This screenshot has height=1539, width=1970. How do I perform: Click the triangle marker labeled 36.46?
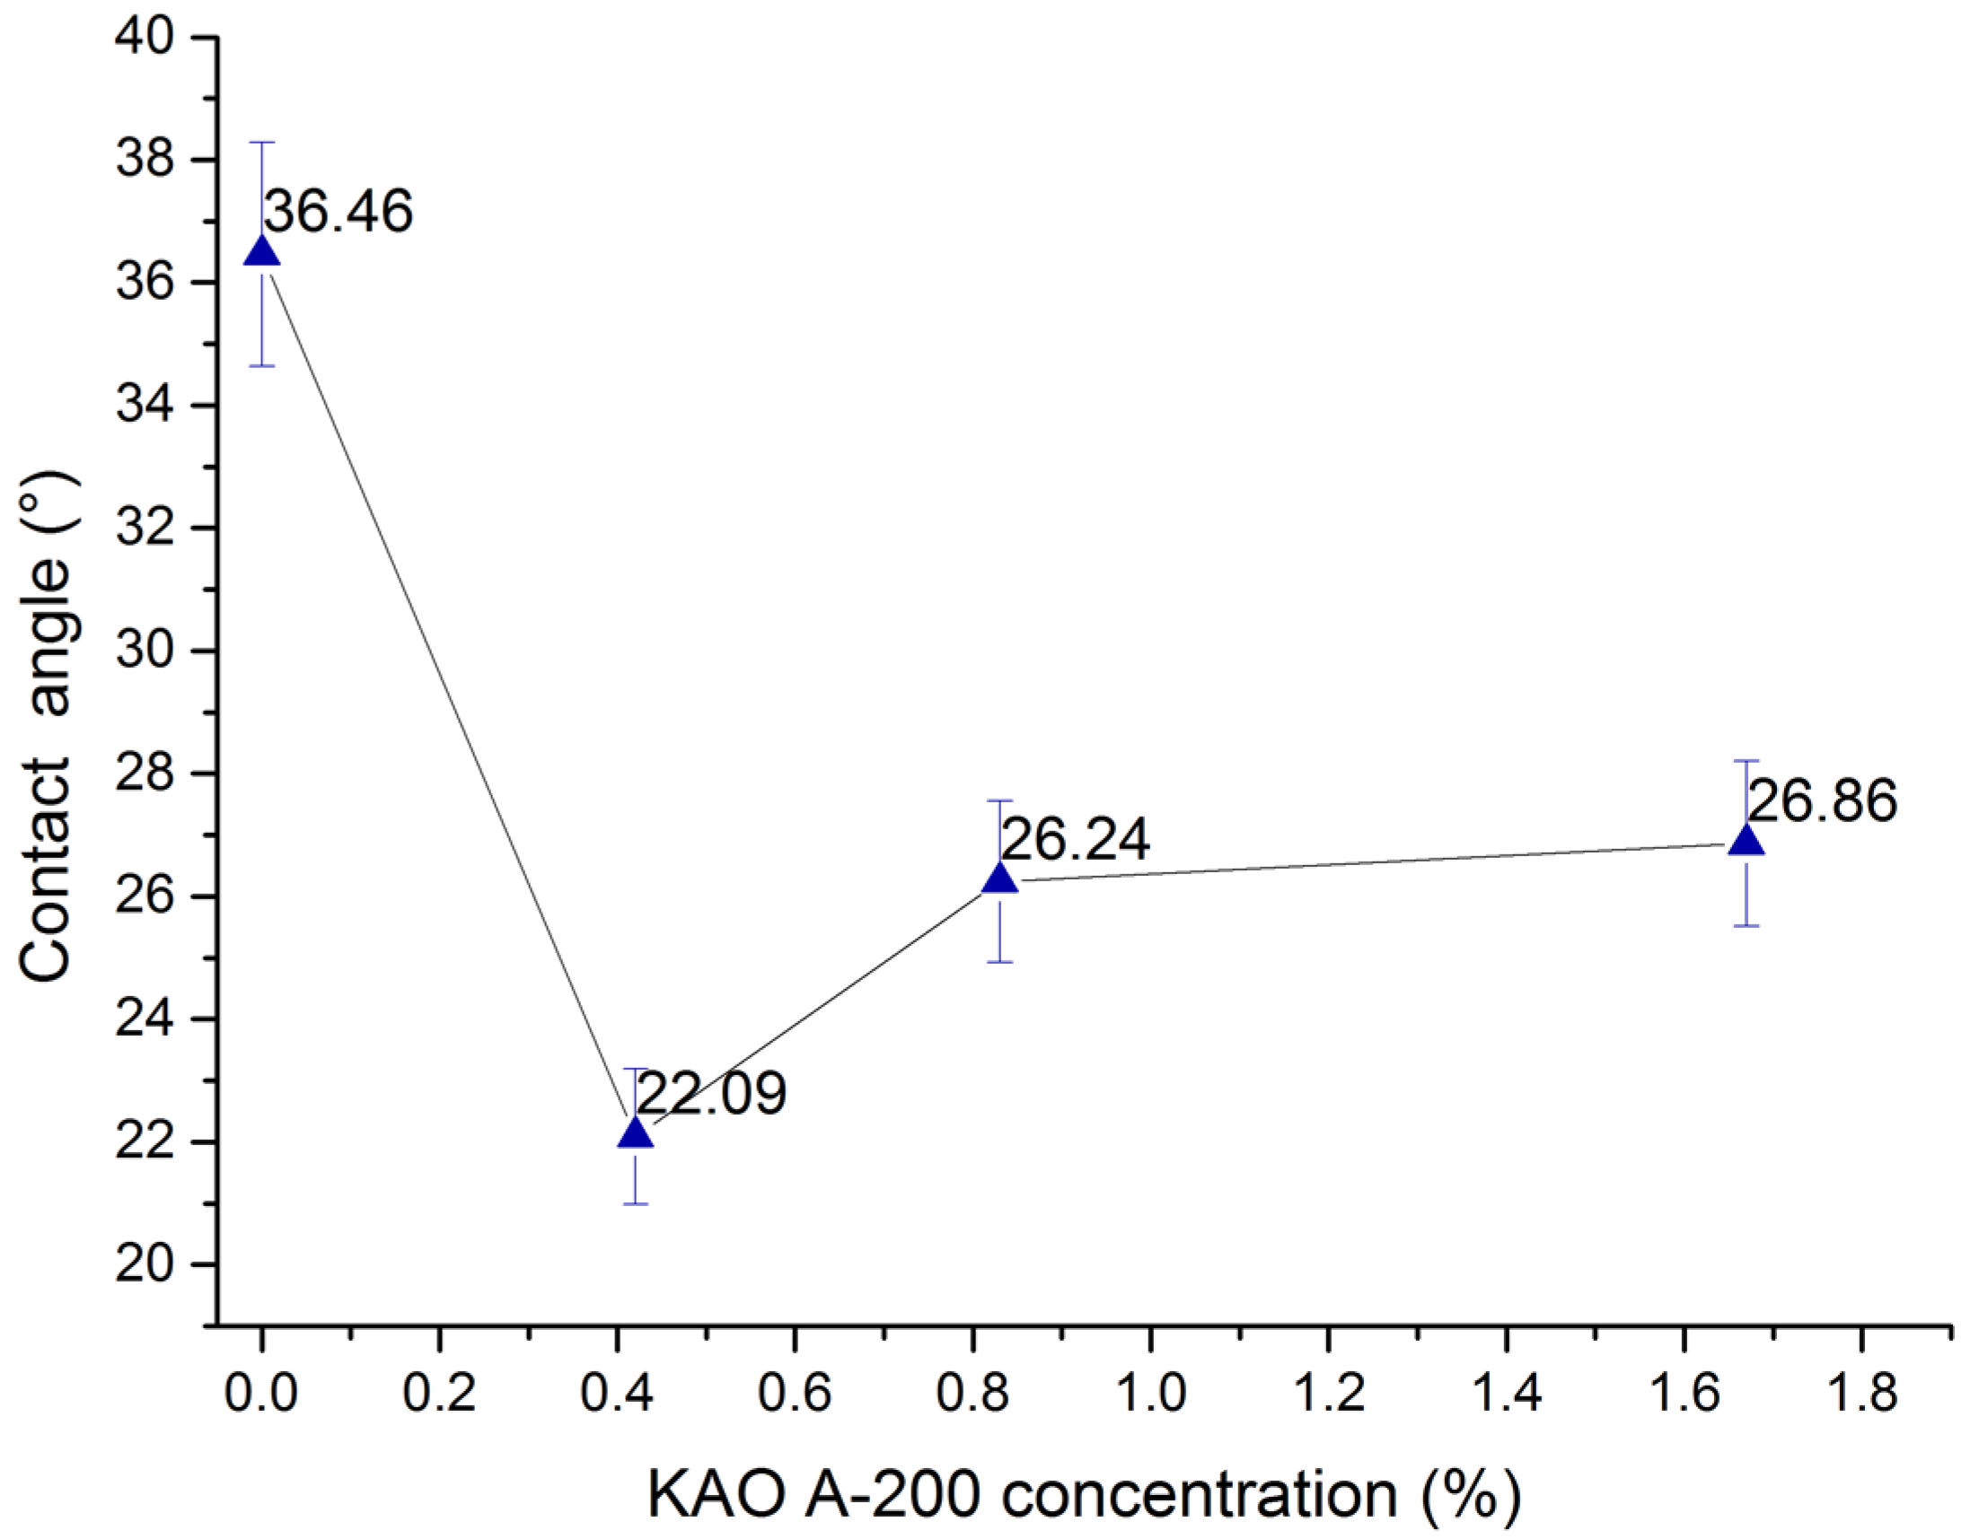(x=261, y=251)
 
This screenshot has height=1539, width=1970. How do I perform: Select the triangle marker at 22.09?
(x=635, y=1132)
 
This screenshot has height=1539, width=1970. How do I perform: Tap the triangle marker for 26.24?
(x=999, y=878)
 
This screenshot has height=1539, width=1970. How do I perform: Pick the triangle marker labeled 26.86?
(x=1747, y=839)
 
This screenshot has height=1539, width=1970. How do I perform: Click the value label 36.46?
(x=339, y=212)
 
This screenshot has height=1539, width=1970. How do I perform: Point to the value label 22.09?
(x=712, y=1094)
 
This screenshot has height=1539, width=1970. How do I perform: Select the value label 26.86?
(x=1822, y=800)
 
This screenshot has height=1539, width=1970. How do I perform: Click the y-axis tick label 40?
(x=145, y=38)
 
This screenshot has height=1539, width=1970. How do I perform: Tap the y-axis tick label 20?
(x=145, y=1265)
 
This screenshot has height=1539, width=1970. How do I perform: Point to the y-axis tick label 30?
(x=145, y=651)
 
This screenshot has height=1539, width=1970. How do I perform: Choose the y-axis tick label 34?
(x=145, y=406)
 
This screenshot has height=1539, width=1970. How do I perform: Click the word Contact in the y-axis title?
(x=45, y=870)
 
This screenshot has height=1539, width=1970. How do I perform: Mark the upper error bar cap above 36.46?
(x=261, y=143)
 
